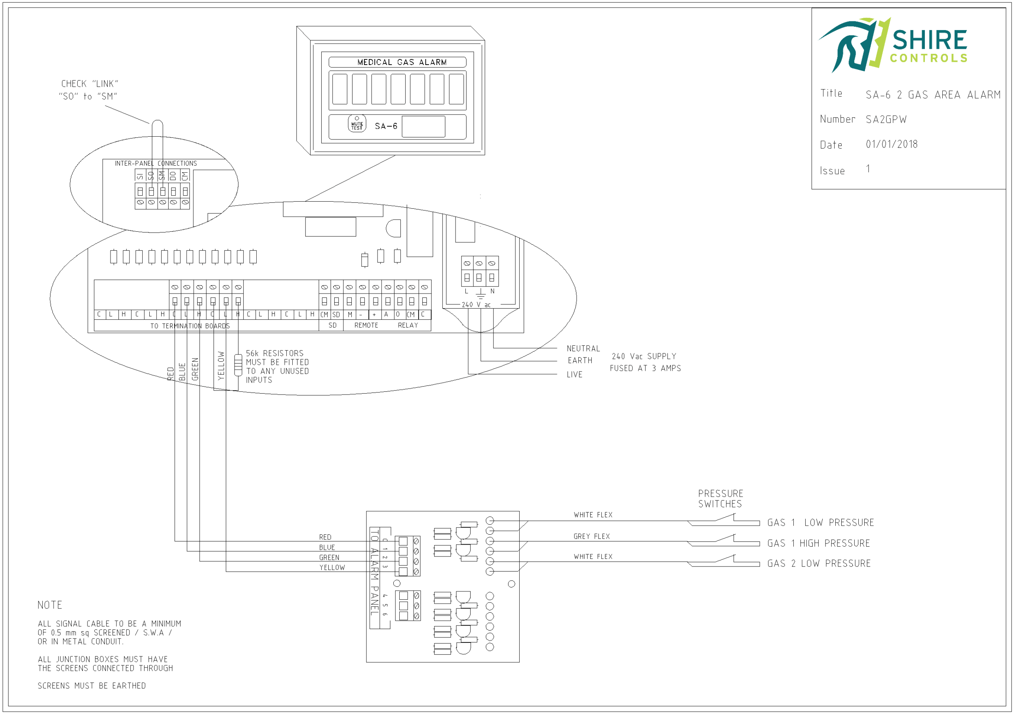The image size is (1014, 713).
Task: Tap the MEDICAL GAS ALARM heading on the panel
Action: (402, 62)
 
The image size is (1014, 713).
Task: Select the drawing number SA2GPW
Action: (886, 119)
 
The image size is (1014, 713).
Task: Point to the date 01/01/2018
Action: (891, 144)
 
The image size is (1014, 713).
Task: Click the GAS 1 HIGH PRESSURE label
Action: (818, 543)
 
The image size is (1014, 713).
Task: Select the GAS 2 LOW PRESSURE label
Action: (819, 564)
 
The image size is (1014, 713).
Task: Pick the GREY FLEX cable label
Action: (591, 536)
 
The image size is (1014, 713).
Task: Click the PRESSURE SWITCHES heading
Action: (720, 499)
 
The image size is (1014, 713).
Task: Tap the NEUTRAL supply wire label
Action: (583, 349)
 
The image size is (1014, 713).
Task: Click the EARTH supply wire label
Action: (580, 360)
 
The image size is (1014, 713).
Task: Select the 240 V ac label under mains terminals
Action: (476, 305)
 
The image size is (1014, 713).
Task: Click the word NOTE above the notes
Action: (50, 605)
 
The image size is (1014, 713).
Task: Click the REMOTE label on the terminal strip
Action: (366, 325)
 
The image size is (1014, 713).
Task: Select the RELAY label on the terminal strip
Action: (408, 325)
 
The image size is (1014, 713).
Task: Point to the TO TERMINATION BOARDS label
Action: (190, 326)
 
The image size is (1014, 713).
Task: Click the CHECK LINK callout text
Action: (89, 90)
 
